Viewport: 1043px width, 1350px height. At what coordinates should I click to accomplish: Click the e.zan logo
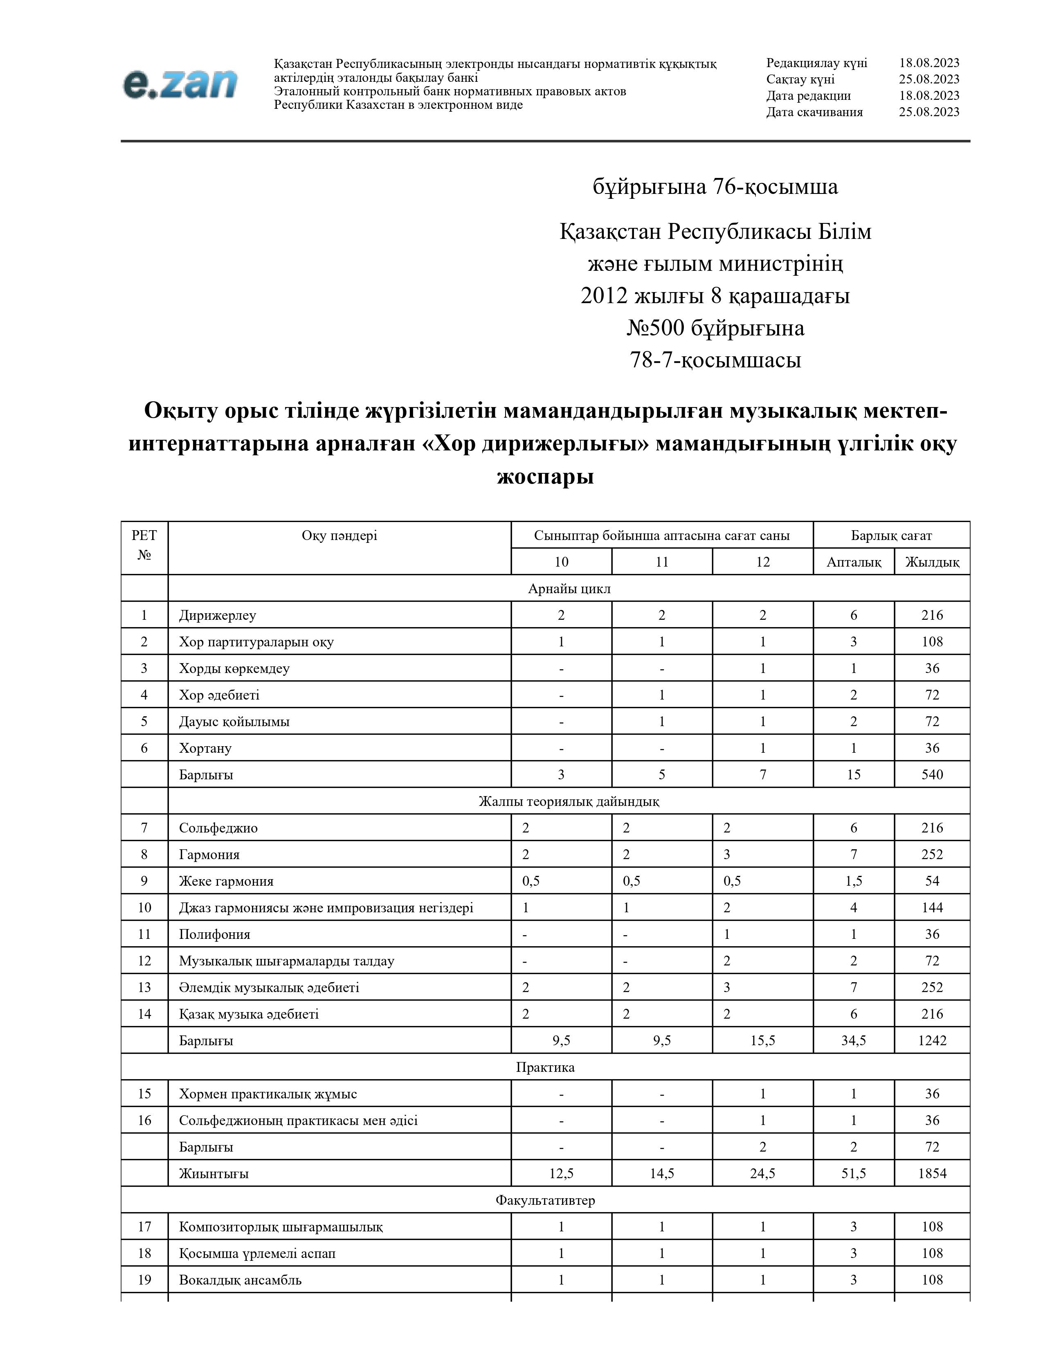click(180, 83)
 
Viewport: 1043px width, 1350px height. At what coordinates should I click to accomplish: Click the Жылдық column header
click(932, 562)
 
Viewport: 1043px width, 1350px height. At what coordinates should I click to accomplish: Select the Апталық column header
click(853, 562)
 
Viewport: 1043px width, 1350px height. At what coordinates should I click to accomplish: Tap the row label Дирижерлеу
click(218, 615)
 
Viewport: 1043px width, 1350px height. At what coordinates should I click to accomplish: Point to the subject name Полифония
click(214, 934)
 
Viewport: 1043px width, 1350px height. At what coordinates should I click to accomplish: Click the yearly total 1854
click(932, 1173)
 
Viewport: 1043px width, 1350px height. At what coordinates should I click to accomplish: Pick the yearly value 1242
click(932, 1040)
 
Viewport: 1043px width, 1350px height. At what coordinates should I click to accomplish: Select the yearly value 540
click(932, 774)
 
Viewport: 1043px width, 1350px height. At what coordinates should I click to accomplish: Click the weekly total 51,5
click(853, 1173)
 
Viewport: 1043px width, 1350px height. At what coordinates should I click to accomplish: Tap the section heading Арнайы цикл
click(569, 588)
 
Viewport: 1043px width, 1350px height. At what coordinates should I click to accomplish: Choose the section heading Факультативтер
click(545, 1200)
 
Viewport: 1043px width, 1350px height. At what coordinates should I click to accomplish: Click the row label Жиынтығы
click(214, 1173)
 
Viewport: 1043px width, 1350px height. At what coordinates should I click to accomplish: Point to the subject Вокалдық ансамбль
click(241, 1280)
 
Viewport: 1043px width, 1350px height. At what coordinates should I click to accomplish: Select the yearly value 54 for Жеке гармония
click(932, 881)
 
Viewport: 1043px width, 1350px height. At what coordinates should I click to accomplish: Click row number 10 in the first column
click(144, 907)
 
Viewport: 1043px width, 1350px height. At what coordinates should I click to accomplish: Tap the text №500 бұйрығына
click(715, 328)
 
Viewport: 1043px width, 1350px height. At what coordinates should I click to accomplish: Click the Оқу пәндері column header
click(339, 535)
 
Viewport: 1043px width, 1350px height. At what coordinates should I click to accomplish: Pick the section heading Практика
click(545, 1067)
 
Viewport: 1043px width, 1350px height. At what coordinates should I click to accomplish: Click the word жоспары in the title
click(545, 477)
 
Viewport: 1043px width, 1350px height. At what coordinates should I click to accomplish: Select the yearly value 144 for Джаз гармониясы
click(932, 907)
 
